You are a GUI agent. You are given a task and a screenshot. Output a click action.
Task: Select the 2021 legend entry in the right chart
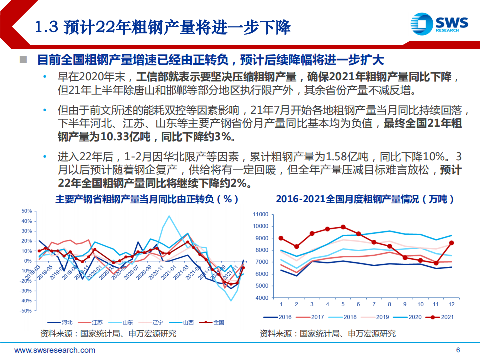pyautogui.click(x=442, y=317)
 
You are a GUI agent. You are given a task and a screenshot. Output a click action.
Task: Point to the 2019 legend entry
pyautogui.click(x=378, y=317)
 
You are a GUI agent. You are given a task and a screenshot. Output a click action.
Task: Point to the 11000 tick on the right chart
pyautogui.click(x=262, y=214)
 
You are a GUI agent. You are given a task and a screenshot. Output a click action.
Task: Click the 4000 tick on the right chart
pyautogui.click(x=263, y=298)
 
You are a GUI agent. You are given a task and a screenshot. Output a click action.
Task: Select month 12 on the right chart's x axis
pyautogui.click(x=452, y=305)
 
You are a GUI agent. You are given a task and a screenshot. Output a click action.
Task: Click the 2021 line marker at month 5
pyautogui.click(x=343, y=227)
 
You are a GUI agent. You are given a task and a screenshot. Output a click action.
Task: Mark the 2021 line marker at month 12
pyautogui.click(x=452, y=243)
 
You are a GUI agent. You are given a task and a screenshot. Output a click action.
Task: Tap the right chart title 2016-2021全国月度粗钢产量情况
pyautogui.click(x=365, y=199)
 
